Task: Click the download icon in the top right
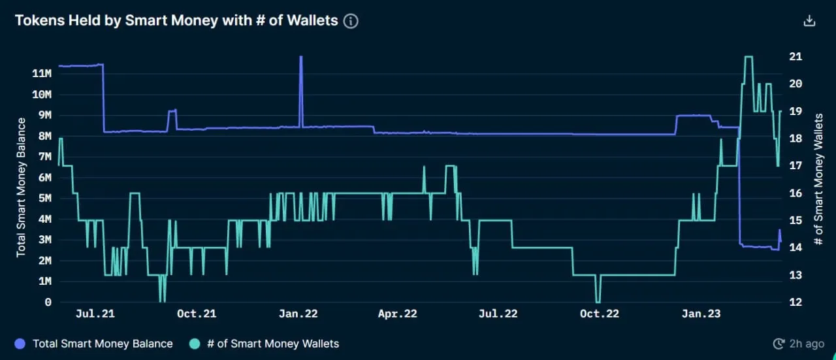[809, 21]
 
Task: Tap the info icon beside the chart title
[351, 21]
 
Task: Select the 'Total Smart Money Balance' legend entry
[102, 344]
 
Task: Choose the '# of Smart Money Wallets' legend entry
[272, 344]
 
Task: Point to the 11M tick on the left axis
[41, 73]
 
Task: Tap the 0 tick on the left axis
[48, 303]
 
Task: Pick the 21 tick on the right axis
[795, 57]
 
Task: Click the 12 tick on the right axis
[795, 303]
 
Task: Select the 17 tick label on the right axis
[795, 166]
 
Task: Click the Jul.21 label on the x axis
[95, 314]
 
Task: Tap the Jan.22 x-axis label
[298, 314]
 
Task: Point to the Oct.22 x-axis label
[599, 314]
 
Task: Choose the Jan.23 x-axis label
[701, 314]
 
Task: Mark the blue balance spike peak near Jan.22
[301, 57]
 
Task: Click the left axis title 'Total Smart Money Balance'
[21, 187]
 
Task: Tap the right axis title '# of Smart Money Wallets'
[818, 179]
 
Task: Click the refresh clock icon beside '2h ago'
[778, 344]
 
